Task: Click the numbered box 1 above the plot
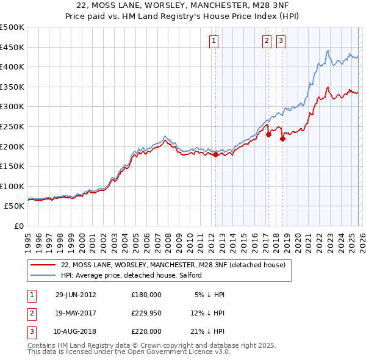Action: tap(215, 41)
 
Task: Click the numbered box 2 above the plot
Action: tap(267, 41)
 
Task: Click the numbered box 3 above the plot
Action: tap(281, 41)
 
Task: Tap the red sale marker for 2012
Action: tap(215, 155)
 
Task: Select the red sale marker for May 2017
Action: tap(268, 135)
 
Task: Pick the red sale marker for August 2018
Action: tap(282, 139)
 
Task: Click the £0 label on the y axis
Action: tap(18, 226)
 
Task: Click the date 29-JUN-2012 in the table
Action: tap(76, 294)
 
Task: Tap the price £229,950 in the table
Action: tap(146, 312)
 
